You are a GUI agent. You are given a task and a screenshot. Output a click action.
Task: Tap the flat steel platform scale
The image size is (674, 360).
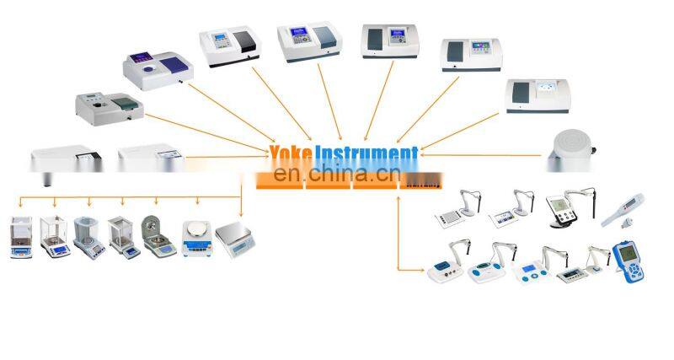tap(236, 236)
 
